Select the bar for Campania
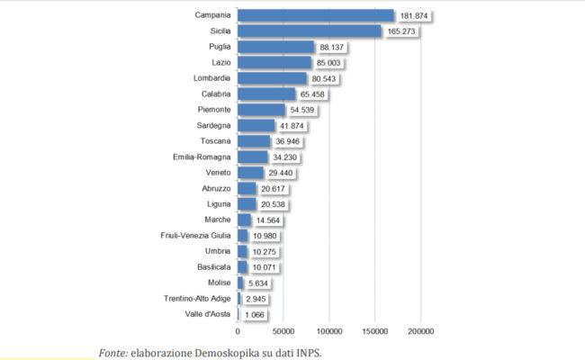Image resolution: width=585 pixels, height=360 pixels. pos(315,15)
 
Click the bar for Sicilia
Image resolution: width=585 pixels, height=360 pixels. pos(309,31)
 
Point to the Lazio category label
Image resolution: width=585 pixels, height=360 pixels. pos(220,62)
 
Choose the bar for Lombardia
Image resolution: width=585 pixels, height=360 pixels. pos(273,78)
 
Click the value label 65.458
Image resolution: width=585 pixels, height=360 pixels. pos(316,94)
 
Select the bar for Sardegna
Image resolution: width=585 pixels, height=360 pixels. pos(256,125)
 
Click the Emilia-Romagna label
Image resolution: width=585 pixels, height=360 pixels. pos(202,157)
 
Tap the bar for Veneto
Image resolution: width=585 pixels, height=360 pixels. pos(250,172)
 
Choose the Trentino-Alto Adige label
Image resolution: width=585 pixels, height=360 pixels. pos(196,298)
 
